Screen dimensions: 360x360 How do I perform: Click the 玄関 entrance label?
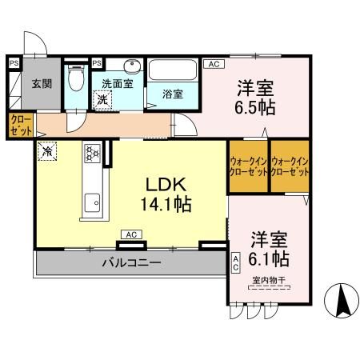coord(42,82)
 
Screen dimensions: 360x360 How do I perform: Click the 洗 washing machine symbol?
coord(102,100)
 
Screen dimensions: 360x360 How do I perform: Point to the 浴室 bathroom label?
coord(173,94)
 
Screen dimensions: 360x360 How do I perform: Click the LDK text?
coord(165,184)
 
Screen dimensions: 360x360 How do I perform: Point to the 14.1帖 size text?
coord(165,205)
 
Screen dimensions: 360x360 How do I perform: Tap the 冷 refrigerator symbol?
coord(47,150)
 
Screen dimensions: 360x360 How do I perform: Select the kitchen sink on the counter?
coord(90,201)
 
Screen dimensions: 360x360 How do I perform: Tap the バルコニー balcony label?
coord(130,262)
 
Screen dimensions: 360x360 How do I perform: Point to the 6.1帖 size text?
coord(269,259)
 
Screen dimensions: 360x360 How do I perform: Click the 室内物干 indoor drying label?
coord(270,281)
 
